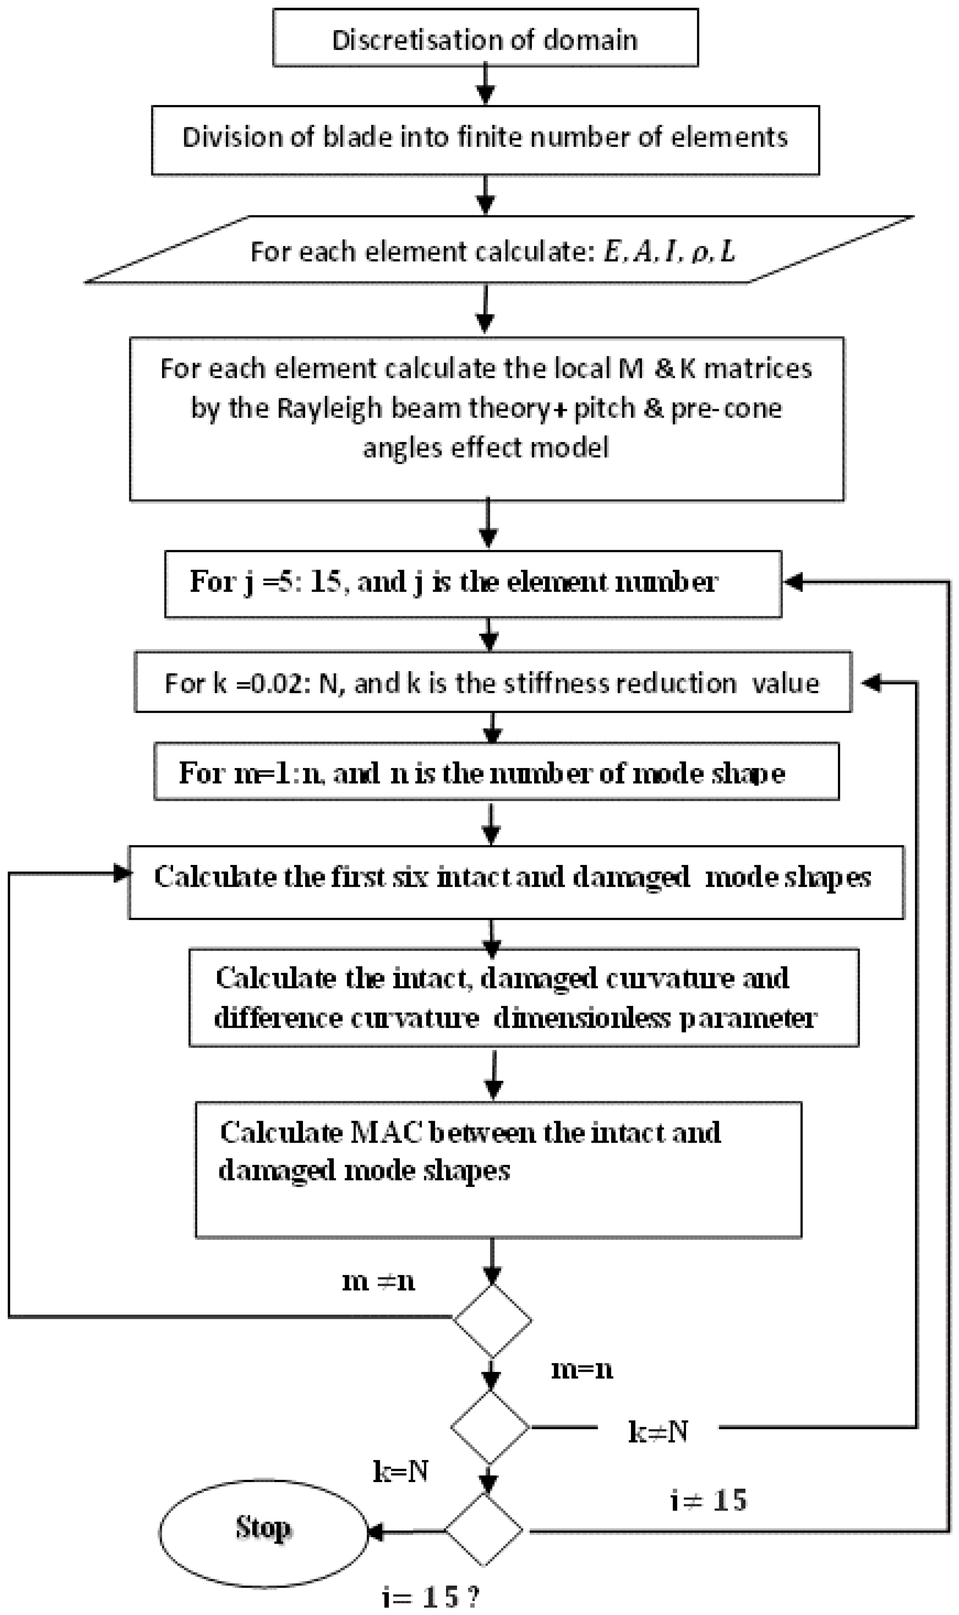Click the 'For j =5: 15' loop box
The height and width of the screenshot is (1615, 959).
[x=473, y=583]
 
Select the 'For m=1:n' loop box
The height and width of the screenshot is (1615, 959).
[x=496, y=772]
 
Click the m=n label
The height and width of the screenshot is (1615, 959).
[x=582, y=1369]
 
